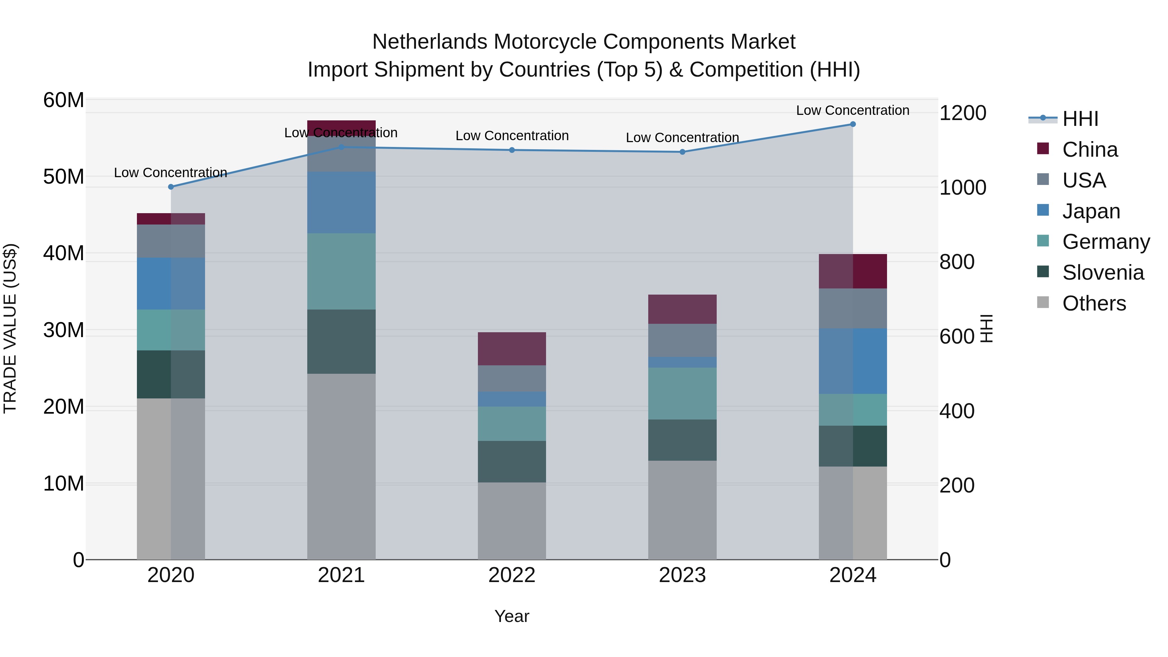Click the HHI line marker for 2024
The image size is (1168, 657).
pyautogui.click(x=852, y=124)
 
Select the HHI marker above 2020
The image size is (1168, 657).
pyautogui.click(x=171, y=187)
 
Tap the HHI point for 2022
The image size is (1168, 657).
pyautogui.click(x=512, y=150)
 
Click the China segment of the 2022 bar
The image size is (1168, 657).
pyautogui.click(x=512, y=349)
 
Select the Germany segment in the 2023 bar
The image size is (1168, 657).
pyautogui.click(x=682, y=393)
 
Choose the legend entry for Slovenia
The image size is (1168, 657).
pyautogui.click(x=1103, y=273)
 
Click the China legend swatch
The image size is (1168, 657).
pyautogui.click(x=1043, y=149)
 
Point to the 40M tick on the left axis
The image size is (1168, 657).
pyautogui.click(x=64, y=253)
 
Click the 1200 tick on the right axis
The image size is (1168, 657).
pyautogui.click(x=963, y=113)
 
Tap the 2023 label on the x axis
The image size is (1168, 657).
pyautogui.click(x=682, y=575)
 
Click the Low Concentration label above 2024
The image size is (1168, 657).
pyautogui.click(x=852, y=110)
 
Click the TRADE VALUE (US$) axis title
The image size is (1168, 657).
pyautogui.click(x=10, y=328)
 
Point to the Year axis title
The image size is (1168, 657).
pyautogui.click(x=512, y=616)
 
